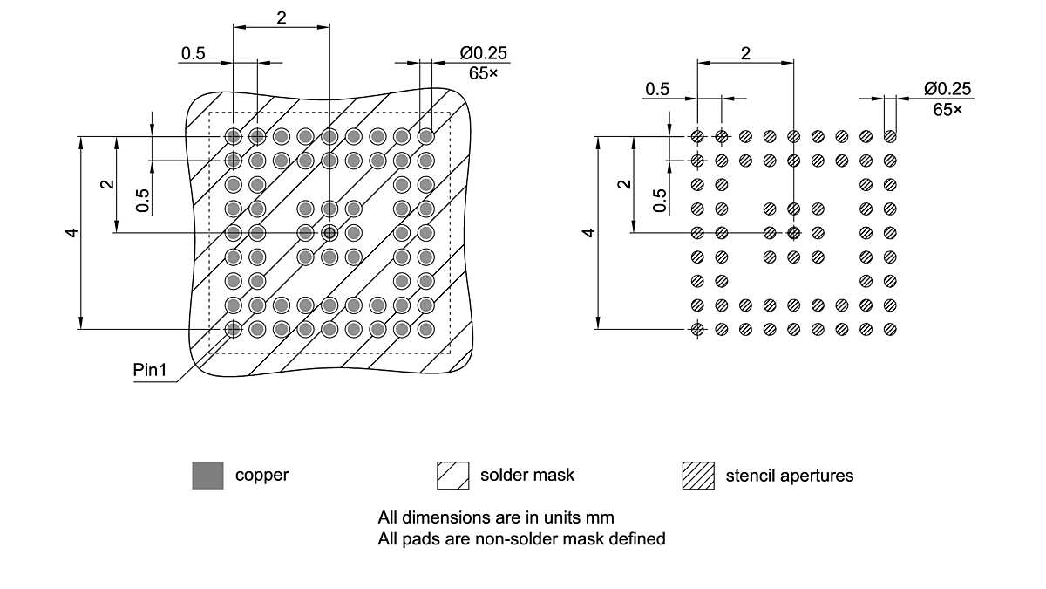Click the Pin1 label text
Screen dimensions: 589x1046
(149, 370)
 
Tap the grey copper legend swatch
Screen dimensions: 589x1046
(207, 476)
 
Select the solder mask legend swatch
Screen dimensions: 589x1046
(452, 476)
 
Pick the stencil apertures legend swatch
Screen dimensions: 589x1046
(697, 476)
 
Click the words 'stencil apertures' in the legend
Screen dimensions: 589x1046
(789, 476)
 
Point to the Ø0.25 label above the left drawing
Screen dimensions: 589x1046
(483, 53)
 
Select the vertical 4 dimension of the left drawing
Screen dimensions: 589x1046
(71, 232)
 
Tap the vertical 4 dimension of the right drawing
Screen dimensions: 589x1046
(589, 232)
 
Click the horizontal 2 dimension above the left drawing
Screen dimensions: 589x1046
(282, 18)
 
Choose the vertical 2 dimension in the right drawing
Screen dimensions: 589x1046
(622, 184)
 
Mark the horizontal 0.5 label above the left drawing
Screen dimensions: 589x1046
(193, 53)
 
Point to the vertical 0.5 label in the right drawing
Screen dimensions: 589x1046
(660, 201)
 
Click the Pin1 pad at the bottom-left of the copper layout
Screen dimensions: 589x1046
(234, 329)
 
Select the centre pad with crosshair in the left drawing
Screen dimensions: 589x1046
(329, 233)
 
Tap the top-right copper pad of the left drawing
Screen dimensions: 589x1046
(425, 136)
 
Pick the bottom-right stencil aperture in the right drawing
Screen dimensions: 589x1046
(889, 329)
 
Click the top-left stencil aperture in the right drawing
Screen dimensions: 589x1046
(697, 136)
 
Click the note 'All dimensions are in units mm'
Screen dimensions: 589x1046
(495, 517)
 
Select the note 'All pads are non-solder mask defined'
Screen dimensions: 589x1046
(521, 539)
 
